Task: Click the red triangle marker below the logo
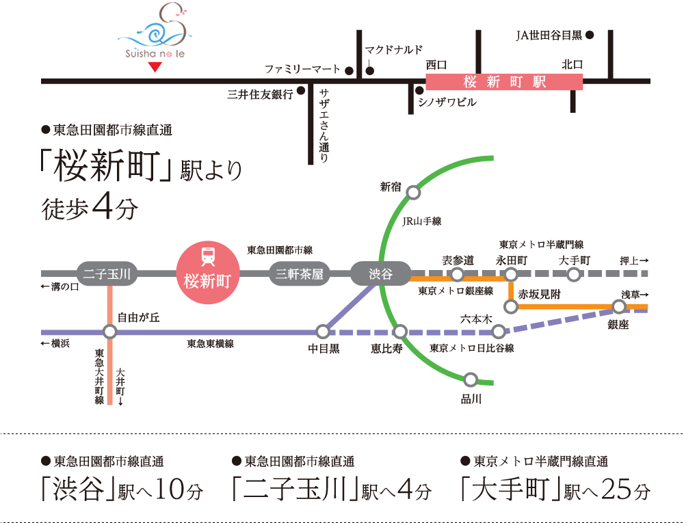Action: pyautogui.click(x=155, y=66)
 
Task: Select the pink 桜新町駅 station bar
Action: pyautogui.click(x=504, y=82)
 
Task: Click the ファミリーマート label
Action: pyautogui.click(x=303, y=70)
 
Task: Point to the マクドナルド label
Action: pyautogui.click(x=394, y=50)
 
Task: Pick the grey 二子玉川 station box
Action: pyautogui.click(x=107, y=274)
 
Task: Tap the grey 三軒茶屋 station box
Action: pyautogui.click(x=299, y=274)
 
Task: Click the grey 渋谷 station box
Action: pyautogui.click(x=380, y=274)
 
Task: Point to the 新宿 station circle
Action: pyautogui.click(x=413, y=193)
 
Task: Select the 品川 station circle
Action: pyautogui.click(x=470, y=379)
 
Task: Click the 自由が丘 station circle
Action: pyautogui.click(x=109, y=332)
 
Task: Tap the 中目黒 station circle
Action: pyautogui.click(x=323, y=332)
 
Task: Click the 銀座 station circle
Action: pyautogui.click(x=619, y=306)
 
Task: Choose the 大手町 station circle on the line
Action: pyautogui.click(x=574, y=274)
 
